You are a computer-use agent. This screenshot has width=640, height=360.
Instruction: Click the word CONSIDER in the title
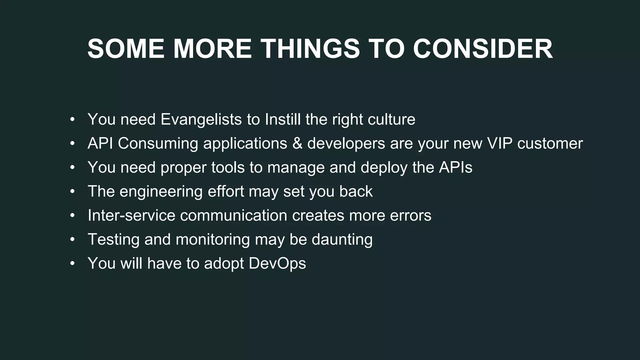point(483,49)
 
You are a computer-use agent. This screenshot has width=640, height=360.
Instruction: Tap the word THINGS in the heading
point(310,49)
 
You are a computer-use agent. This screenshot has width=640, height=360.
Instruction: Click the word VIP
point(499,143)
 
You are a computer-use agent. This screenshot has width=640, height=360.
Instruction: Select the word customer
point(550,143)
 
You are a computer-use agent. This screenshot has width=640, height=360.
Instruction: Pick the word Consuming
point(158,143)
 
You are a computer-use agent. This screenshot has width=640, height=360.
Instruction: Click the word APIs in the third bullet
point(456,167)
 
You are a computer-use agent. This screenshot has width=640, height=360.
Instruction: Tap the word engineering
point(161,192)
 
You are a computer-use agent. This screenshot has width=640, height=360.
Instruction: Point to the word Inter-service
point(131,215)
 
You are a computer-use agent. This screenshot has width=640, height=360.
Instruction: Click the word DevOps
point(277,263)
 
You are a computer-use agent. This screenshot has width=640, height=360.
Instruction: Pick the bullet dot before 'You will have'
point(72,263)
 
